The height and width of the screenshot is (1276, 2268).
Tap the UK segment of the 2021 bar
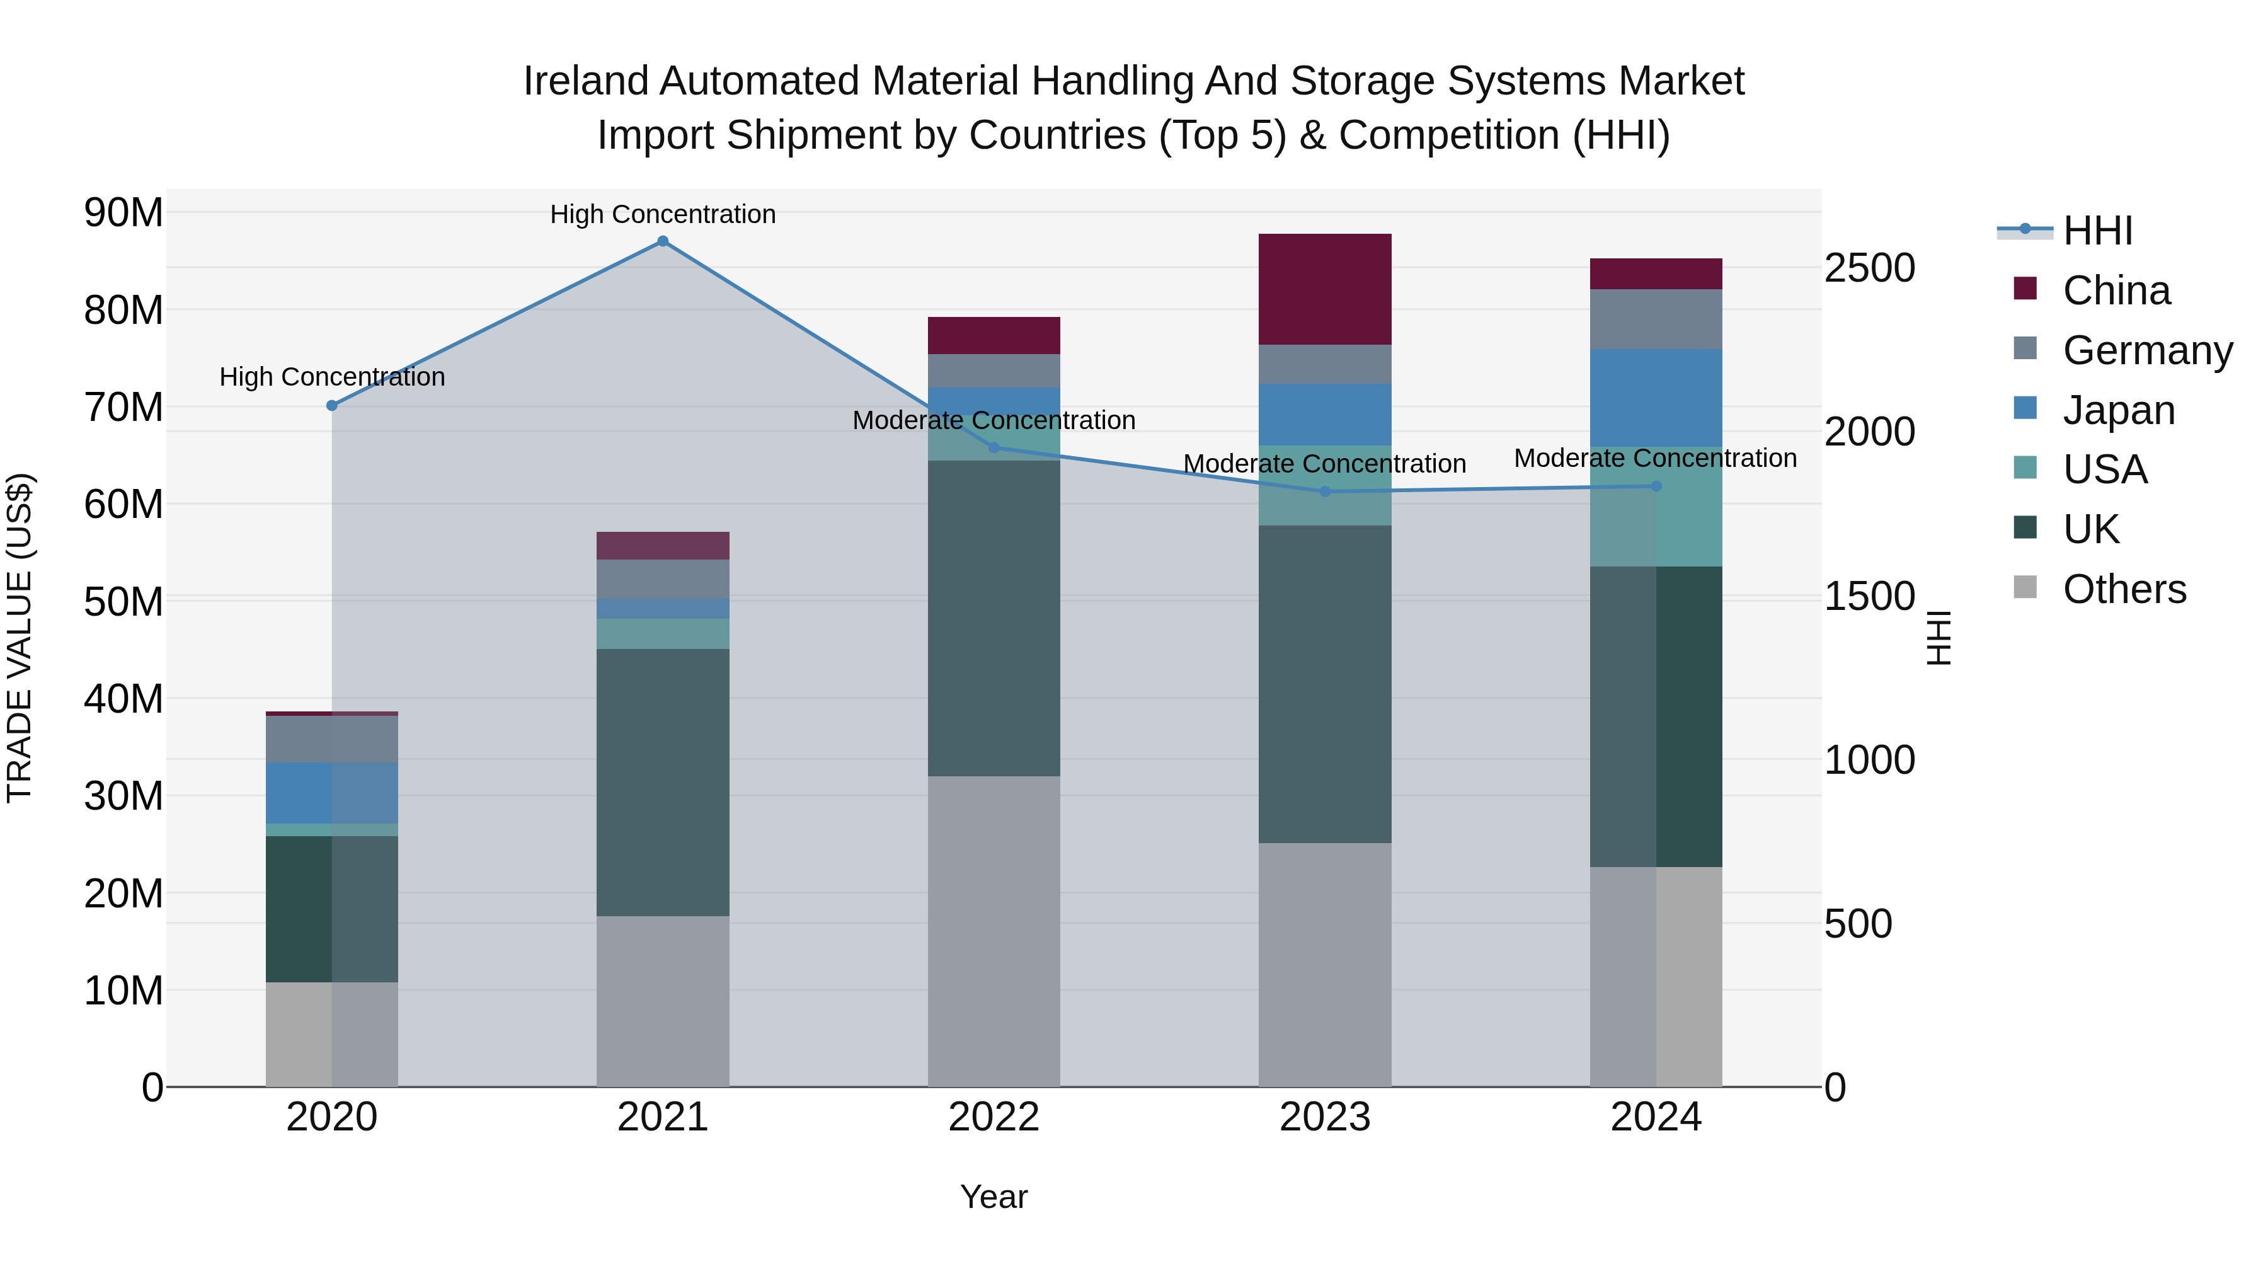pos(662,782)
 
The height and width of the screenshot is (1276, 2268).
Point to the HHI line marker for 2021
pos(663,241)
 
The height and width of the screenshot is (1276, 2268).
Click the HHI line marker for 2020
pos(332,406)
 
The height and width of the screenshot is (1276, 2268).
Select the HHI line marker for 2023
pos(1325,491)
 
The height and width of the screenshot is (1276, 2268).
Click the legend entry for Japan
pos(2117,410)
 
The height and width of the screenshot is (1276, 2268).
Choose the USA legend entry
pos(2104,469)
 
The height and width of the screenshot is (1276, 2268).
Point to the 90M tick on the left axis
pos(123,213)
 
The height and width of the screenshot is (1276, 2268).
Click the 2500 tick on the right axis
pos(1869,268)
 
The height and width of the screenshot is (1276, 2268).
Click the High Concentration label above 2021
pos(662,214)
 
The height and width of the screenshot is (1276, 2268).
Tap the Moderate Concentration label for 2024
pos(1655,458)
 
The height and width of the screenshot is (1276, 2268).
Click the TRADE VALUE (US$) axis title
pos(20,638)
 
